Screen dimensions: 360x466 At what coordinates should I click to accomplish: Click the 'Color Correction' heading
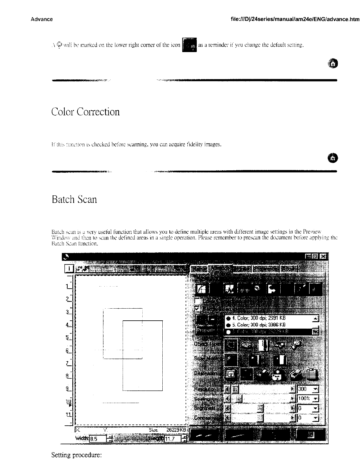[x=86, y=112]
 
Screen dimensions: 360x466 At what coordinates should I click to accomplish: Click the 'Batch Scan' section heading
[x=74, y=200]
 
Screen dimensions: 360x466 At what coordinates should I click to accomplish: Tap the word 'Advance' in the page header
[x=42, y=19]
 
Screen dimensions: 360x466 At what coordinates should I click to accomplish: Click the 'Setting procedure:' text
[x=76, y=455]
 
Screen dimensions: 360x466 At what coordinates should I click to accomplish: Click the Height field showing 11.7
[x=173, y=439]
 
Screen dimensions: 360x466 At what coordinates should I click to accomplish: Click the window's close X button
[x=323, y=257]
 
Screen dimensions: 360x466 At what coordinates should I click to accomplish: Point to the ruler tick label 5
[x=68, y=337]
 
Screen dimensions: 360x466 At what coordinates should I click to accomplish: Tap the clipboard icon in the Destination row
[x=312, y=374]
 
